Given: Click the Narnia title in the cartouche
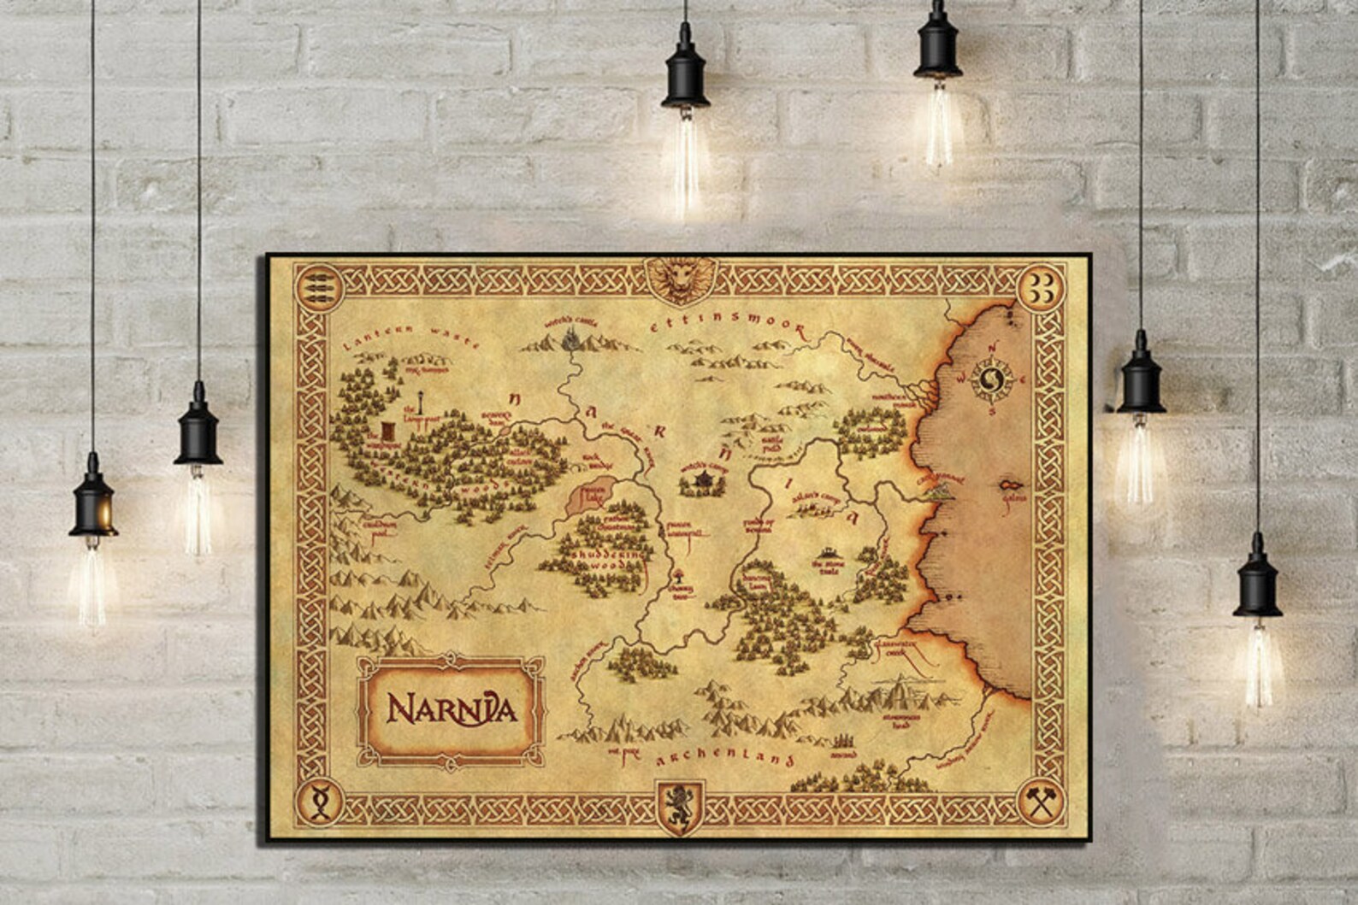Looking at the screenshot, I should coord(451,708).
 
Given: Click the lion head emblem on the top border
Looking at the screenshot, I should coord(681,279).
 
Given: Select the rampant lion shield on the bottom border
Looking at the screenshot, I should coord(681,806).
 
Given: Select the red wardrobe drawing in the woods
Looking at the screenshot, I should coord(389,431).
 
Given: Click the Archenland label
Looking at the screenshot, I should coord(725,759).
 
